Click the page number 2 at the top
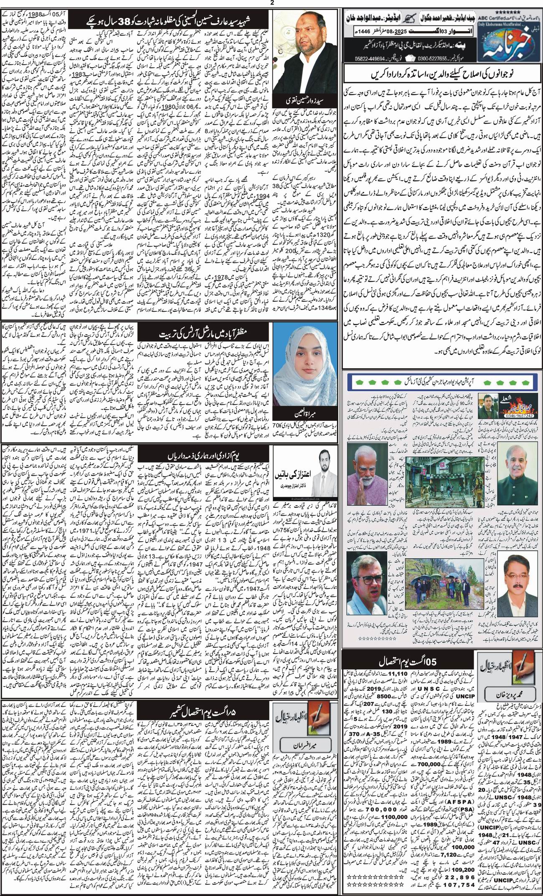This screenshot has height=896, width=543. (x=271, y=3)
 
